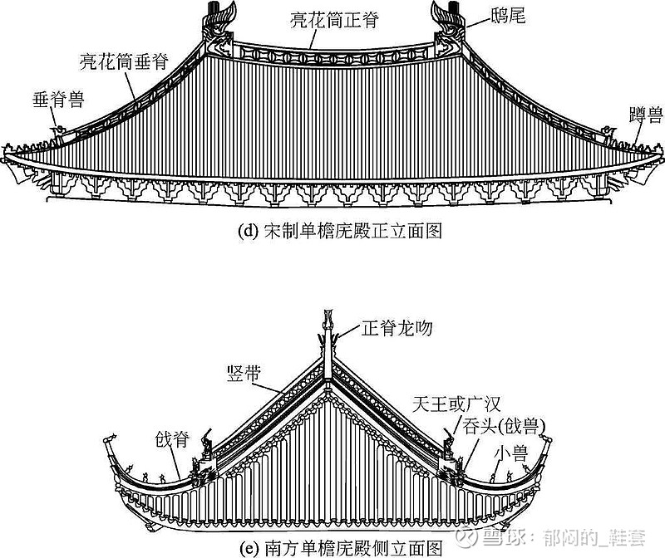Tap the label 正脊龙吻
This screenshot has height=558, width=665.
click(397, 329)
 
